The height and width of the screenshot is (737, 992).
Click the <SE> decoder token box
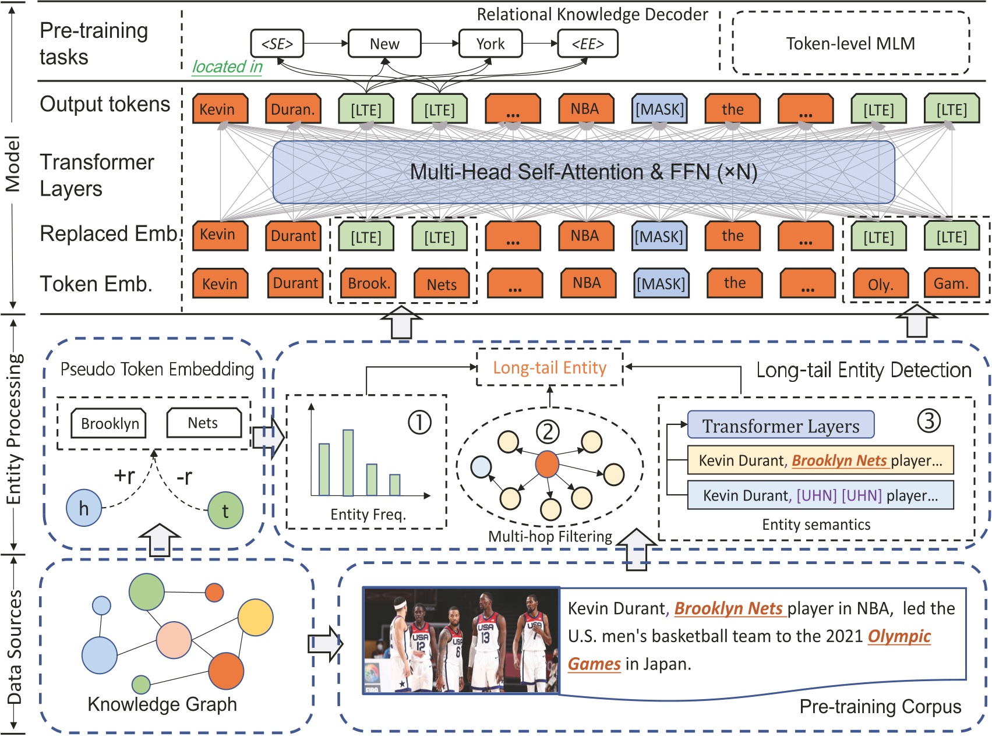(x=277, y=44)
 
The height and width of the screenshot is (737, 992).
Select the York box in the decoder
(x=490, y=44)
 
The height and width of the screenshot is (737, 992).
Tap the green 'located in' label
(x=227, y=67)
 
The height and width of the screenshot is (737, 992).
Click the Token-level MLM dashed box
(x=850, y=44)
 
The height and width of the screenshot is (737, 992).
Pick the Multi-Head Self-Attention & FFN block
(x=583, y=172)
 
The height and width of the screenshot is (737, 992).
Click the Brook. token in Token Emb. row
(x=369, y=284)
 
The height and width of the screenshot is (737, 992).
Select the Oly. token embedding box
(x=880, y=284)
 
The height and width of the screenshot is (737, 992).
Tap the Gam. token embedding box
(x=951, y=284)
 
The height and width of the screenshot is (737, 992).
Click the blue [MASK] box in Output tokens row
(x=659, y=109)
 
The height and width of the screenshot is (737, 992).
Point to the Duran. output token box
(x=293, y=109)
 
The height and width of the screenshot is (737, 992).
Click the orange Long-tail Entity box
(x=549, y=367)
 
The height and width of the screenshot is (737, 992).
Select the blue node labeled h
(x=84, y=508)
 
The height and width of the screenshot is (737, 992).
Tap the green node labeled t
(x=225, y=511)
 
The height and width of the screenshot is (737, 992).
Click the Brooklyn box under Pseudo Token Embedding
(x=109, y=423)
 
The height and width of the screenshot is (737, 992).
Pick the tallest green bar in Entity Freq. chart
(x=348, y=463)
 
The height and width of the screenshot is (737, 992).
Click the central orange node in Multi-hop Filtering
(x=546, y=464)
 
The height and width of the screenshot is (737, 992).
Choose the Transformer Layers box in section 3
(x=781, y=426)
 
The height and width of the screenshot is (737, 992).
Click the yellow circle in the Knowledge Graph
(x=255, y=617)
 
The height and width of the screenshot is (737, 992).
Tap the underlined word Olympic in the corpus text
(x=899, y=636)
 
